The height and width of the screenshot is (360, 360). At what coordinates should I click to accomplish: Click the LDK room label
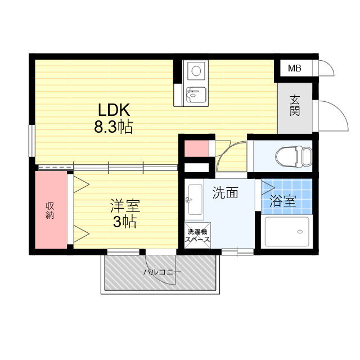click(x=114, y=110)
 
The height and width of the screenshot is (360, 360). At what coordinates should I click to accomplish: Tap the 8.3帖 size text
click(x=114, y=127)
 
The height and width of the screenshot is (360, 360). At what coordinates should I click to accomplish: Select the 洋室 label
click(x=125, y=206)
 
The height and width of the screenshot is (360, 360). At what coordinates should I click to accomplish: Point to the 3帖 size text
click(x=125, y=222)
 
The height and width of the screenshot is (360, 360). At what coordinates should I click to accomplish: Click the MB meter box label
click(x=295, y=68)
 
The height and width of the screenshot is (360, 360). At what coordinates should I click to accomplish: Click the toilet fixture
click(x=294, y=156)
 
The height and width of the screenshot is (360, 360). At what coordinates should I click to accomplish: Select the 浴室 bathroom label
click(x=282, y=201)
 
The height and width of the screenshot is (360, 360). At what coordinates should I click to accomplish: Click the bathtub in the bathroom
click(x=287, y=231)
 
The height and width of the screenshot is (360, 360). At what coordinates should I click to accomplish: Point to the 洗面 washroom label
click(x=225, y=192)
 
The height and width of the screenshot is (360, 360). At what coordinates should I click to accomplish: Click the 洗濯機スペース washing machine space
click(x=197, y=235)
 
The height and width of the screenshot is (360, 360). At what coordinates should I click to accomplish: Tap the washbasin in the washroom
click(x=194, y=199)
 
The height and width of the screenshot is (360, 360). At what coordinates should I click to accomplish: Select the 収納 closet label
click(x=50, y=210)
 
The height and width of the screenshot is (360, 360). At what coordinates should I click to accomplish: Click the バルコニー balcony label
click(x=163, y=272)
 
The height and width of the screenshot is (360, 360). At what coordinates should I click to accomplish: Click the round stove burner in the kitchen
click(x=196, y=71)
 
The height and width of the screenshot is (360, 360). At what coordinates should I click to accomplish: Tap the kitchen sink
click(x=196, y=94)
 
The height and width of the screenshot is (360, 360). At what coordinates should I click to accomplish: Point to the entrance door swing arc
click(x=339, y=110)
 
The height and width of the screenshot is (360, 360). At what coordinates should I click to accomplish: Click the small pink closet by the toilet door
click(x=196, y=148)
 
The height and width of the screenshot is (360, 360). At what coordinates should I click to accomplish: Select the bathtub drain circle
click(x=300, y=232)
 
